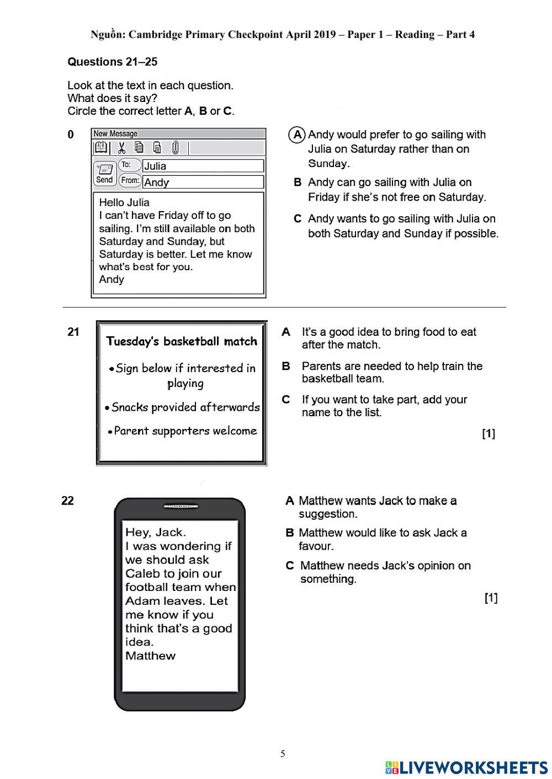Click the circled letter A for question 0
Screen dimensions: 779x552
(297, 135)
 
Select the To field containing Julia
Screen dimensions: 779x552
(203, 166)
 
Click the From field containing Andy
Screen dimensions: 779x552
(203, 182)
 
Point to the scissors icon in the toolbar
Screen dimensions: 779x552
(122, 148)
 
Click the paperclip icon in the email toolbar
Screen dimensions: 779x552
(176, 148)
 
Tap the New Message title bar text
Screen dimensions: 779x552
(115, 134)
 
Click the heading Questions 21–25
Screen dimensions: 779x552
(112, 62)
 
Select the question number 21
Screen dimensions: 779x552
(73, 332)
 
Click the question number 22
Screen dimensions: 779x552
(67, 501)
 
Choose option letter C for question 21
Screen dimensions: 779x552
(286, 400)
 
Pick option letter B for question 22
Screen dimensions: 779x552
(290, 533)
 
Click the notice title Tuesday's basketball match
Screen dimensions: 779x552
(182, 341)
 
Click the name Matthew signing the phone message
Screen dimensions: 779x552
(150, 656)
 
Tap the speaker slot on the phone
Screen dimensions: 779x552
(181, 506)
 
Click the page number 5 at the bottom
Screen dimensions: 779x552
(283, 754)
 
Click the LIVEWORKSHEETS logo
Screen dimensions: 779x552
(466, 767)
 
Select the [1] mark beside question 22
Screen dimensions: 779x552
(491, 598)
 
